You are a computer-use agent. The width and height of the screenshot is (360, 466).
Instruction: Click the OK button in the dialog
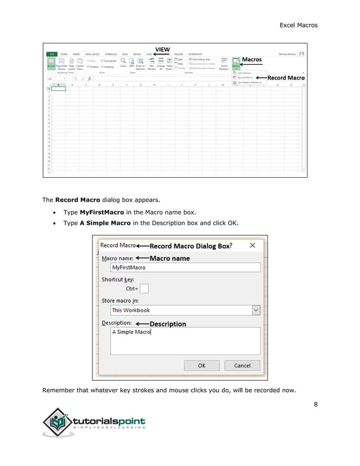[x=201, y=366]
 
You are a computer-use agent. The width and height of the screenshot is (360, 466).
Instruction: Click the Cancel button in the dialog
[x=242, y=366]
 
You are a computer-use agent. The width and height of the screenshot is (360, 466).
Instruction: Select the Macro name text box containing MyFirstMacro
[x=185, y=268]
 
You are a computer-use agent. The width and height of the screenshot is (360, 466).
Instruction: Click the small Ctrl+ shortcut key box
[x=144, y=289]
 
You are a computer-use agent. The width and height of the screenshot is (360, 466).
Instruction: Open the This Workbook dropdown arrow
[x=256, y=310]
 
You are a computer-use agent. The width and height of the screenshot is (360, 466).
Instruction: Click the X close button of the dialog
[x=252, y=245]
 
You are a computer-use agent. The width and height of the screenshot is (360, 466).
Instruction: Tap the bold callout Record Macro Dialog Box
[x=190, y=246]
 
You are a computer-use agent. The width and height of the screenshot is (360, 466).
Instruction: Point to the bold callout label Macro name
[x=169, y=258]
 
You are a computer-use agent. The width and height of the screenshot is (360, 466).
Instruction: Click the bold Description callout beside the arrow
[x=168, y=324]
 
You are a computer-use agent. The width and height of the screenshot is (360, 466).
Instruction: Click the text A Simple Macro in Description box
[x=131, y=332]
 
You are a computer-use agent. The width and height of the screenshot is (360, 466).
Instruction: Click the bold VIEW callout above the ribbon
[x=163, y=49]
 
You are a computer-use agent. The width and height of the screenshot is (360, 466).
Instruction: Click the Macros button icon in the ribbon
[x=236, y=63]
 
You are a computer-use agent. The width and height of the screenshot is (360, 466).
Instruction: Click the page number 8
[x=315, y=403]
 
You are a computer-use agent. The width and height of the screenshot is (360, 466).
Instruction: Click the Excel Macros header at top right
[x=298, y=25]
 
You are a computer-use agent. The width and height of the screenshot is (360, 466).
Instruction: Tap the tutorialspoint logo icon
[x=58, y=422]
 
